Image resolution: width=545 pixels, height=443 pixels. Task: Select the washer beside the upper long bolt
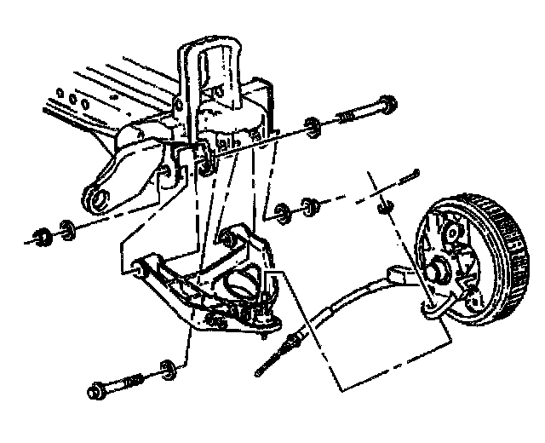point(313,126)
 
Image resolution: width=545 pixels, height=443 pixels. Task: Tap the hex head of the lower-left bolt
point(95,393)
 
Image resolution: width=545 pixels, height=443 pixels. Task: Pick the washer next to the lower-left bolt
point(167,369)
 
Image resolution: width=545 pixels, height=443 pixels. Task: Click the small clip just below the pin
point(383,206)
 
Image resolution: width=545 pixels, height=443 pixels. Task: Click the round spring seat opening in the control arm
point(241,282)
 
